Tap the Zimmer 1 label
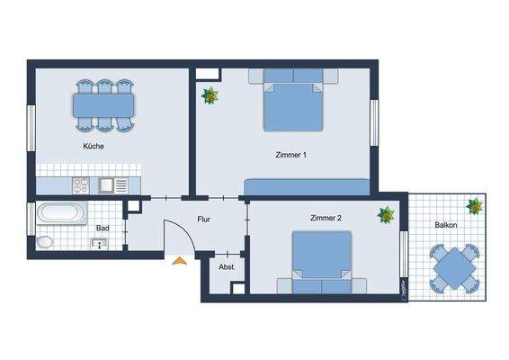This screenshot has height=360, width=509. (290, 155)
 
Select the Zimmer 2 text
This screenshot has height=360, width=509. (326, 219)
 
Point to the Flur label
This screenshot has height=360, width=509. (203, 219)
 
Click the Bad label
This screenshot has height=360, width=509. (103, 229)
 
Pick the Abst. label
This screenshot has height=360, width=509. (227, 267)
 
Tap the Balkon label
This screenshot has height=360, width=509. (447, 225)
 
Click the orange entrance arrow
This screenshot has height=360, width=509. (180, 260)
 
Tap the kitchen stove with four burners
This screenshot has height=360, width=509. (80, 186)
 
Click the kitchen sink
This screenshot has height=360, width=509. (112, 186)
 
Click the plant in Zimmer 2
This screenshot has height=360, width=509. (387, 215)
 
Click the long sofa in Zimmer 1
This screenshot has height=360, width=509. (305, 186)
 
